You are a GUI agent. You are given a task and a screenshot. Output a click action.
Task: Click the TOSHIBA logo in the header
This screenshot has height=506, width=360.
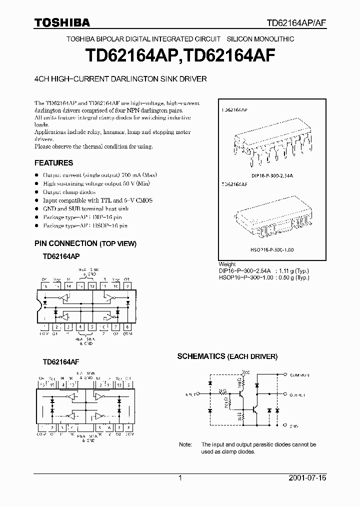pyautogui.click(x=62, y=22)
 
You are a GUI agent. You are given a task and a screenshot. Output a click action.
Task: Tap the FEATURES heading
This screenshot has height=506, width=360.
pyautogui.click(x=53, y=162)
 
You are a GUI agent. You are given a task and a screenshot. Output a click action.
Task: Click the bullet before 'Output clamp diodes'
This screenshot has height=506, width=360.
pyautogui.click(x=36, y=192)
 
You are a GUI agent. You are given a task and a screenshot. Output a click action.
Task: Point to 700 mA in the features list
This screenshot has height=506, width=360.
pyautogui.click(x=130, y=175)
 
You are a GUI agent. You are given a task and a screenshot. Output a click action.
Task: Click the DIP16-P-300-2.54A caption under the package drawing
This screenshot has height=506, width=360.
pyautogui.click(x=272, y=175)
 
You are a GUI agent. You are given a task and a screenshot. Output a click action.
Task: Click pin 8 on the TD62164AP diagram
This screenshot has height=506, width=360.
pyautogui.click(x=128, y=327)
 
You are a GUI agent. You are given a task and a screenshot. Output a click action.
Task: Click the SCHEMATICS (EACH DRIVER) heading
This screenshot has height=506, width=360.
pyautogui.click(x=227, y=356)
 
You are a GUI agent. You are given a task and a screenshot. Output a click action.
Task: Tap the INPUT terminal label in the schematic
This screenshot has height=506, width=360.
pyautogui.click(x=191, y=394)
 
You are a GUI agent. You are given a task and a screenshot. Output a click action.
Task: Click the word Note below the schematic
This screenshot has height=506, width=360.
pyautogui.click(x=185, y=444)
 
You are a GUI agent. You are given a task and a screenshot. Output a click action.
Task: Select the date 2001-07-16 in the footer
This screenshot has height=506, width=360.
pyautogui.click(x=307, y=478)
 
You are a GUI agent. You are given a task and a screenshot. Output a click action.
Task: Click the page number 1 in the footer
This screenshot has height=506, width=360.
pyautogui.click(x=180, y=478)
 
